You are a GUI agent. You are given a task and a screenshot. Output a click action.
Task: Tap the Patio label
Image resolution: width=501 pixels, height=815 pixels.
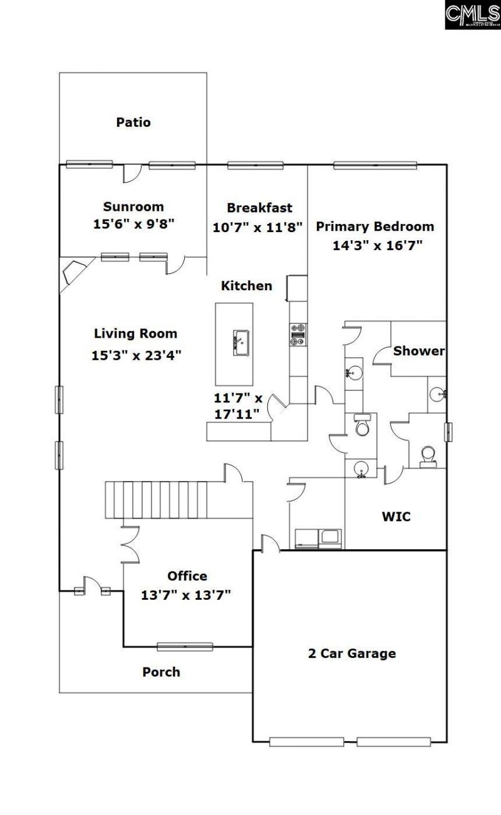click(x=133, y=123)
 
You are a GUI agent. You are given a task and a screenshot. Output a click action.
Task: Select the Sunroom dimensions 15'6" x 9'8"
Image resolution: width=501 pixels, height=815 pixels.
click(x=133, y=223)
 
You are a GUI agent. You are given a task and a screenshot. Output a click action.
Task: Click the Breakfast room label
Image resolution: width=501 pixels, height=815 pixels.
click(x=259, y=208)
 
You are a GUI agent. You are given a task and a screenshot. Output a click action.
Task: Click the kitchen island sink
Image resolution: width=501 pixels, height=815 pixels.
click(x=239, y=342)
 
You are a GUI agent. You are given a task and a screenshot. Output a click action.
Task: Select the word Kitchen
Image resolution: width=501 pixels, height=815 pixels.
click(x=247, y=286)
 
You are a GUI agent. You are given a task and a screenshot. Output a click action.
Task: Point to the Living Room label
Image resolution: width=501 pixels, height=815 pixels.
click(x=135, y=333)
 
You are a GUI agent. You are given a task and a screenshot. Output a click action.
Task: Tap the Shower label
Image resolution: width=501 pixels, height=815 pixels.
click(x=418, y=351)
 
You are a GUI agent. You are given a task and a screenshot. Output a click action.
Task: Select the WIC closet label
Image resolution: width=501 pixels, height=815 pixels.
click(x=396, y=517)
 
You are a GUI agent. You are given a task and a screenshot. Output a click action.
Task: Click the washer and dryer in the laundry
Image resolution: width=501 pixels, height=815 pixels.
click(x=318, y=538)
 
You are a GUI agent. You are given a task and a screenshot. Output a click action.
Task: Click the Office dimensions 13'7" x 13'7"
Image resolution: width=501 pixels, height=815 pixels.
click(x=187, y=594)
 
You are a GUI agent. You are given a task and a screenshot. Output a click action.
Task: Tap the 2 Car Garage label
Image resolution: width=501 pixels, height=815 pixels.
click(x=352, y=654)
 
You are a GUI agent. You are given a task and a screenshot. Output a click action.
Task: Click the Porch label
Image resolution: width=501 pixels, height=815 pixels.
click(x=161, y=672)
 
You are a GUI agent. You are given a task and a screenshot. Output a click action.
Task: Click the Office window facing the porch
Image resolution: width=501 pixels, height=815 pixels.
click(x=185, y=647)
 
